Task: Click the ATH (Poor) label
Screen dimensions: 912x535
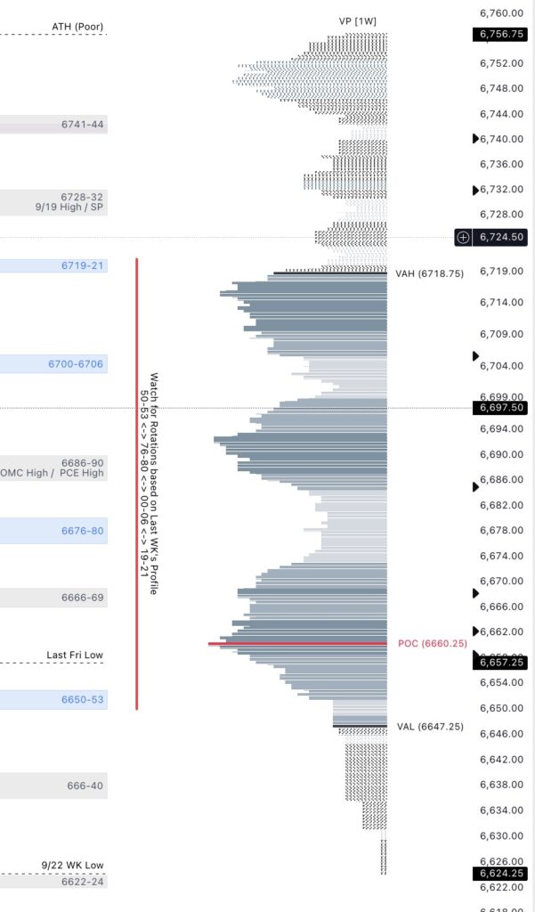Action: [77, 27]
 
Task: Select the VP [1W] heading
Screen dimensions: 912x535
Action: [358, 20]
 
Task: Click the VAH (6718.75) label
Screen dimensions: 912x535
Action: [429, 274]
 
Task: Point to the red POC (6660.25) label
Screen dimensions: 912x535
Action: [433, 643]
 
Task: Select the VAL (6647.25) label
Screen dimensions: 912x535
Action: [429, 727]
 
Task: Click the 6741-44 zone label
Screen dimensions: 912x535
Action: [82, 126]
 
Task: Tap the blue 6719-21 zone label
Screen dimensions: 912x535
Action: [82, 265]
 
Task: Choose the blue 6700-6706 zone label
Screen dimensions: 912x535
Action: [76, 363]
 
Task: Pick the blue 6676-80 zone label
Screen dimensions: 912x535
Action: [82, 531]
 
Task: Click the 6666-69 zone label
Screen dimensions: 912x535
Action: [82, 598]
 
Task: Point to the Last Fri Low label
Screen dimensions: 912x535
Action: [75, 655]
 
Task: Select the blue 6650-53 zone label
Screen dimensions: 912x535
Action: [82, 699]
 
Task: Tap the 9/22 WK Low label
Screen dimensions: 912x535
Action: [72, 866]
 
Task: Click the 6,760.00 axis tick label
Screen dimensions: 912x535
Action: [500, 13]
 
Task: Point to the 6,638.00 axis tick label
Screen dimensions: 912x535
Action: [500, 785]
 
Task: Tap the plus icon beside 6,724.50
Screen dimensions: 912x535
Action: [462, 237]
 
